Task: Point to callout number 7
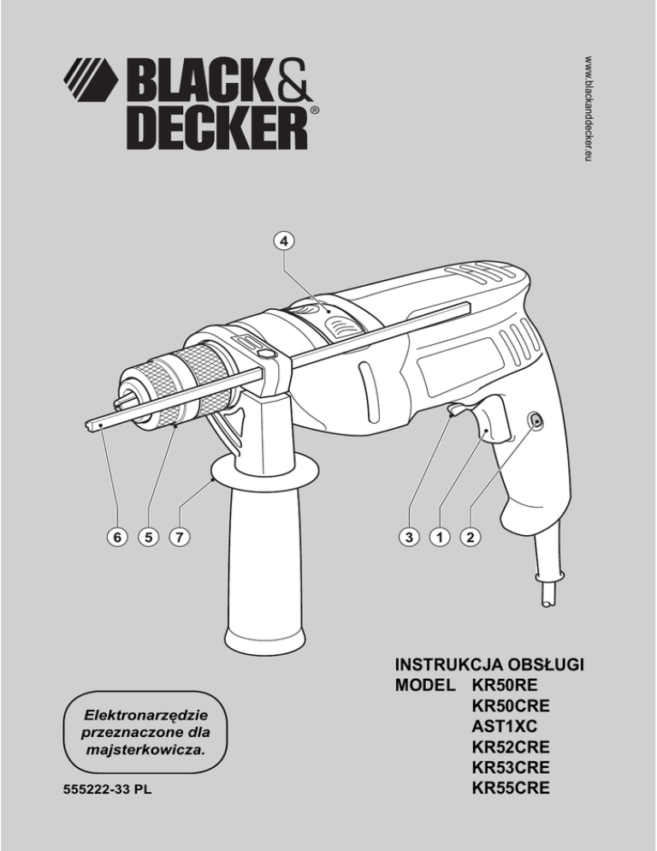178,538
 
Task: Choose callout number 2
469,538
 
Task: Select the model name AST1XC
505,725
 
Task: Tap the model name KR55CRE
511,785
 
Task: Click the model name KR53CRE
511,765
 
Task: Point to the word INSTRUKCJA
453,665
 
